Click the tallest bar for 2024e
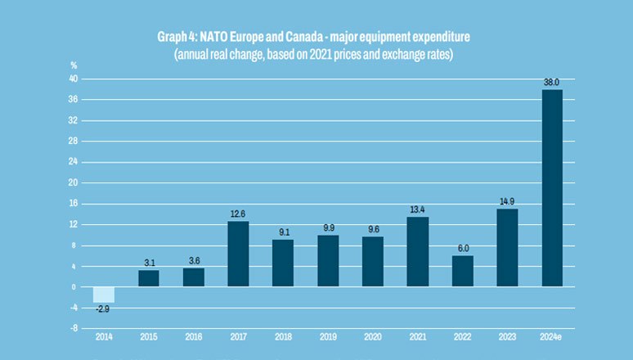(x=552, y=188)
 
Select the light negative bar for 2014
(x=103, y=295)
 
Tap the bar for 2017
(x=238, y=254)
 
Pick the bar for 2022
(x=462, y=271)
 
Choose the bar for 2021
(x=417, y=251)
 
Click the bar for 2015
(x=148, y=278)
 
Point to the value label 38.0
(x=552, y=82)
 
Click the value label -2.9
(x=103, y=308)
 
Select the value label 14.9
(x=507, y=201)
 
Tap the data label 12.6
(x=238, y=214)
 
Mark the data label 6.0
(x=462, y=248)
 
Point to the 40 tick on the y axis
(x=73, y=79)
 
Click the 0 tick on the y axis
(x=75, y=287)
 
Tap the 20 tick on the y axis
(x=73, y=183)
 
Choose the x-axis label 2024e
(x=552, y=337)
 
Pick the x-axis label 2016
(x=193, y=337)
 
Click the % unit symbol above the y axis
(x=74, y=65)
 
